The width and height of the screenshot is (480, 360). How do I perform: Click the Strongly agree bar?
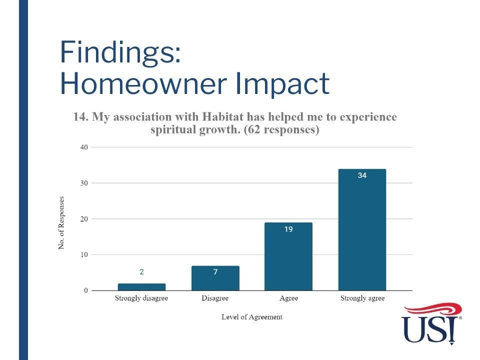coord(362,229)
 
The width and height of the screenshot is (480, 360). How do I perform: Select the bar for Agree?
coord(288,256)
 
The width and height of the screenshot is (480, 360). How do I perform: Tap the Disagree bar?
coord(215,278)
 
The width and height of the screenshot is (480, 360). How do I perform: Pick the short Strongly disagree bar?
coord(141,287)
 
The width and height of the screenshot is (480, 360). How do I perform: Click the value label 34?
coord(362,175)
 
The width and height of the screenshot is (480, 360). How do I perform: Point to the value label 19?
coord(288,229)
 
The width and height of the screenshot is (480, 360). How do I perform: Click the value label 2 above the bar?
coord(141,272)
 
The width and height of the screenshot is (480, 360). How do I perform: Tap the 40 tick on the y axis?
coord(84,147)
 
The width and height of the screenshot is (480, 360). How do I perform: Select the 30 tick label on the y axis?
coord(84,183)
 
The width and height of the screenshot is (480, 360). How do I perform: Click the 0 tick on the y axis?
coord(85,290)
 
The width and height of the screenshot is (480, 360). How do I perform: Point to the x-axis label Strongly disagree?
coord(141,298)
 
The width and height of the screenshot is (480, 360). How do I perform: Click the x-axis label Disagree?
coord(215,298)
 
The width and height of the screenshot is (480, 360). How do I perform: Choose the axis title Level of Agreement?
coord(252,317)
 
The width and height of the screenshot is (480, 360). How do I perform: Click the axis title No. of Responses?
coord(61,223)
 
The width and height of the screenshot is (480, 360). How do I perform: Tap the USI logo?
coord(431,324)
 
